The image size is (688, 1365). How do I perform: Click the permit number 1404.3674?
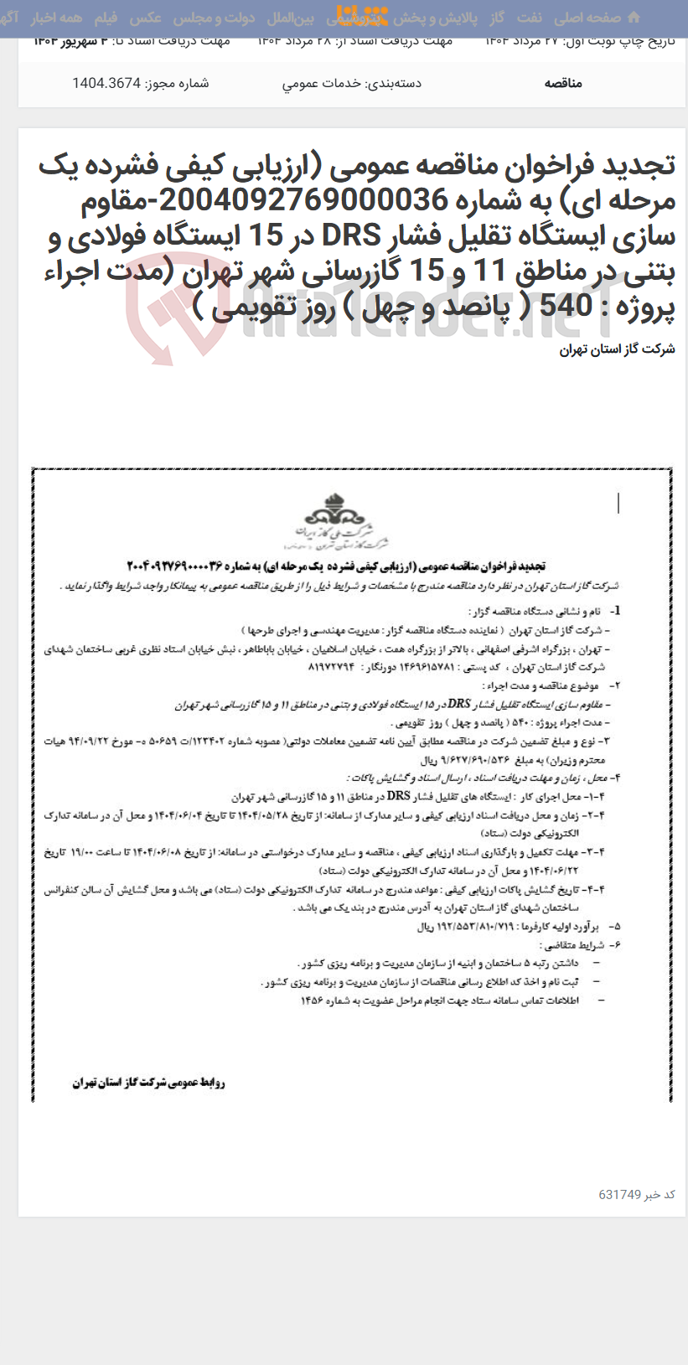(x=106, y=83)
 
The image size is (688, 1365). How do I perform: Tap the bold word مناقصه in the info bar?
(x=563, y=83)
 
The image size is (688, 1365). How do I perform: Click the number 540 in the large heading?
(x=566, y=308)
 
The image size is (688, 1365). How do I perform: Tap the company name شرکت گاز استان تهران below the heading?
(x=617, y=349)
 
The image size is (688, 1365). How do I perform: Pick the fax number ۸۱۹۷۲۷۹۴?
(x=332, y=668)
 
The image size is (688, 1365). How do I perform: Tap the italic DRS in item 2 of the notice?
(x=458, y=704)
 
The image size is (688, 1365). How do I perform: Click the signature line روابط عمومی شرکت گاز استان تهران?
(x=148, y=1083)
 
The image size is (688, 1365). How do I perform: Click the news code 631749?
(x=619, y=1194)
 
